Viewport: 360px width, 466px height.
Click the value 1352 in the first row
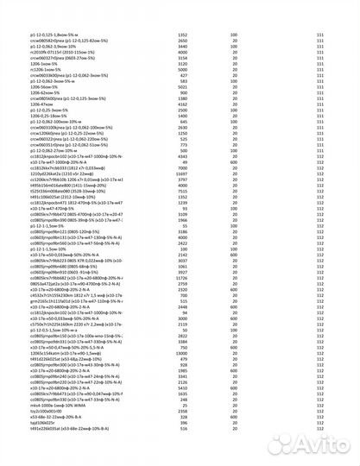(x=182, y=34)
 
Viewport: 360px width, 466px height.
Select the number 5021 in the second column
(x=182, y=87)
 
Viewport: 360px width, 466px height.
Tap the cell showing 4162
(x=182, y=104)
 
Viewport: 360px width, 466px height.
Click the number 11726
(x=182, y=278)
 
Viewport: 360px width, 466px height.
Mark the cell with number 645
(x=182, y=121)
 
